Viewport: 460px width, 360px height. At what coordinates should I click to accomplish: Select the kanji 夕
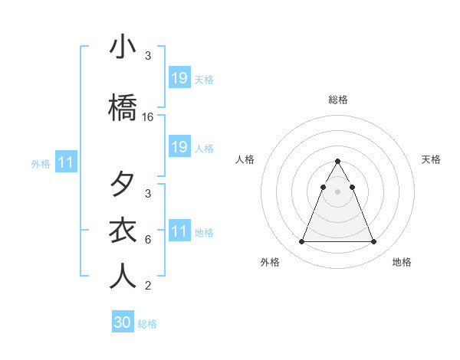(x=122, y=185)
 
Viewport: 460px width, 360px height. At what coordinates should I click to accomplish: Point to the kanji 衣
(x=122, y=230)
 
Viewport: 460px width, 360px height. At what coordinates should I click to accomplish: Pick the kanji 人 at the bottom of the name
(x=122, y=276)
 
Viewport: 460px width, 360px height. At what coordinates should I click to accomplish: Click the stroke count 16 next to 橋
(x=148, y=117)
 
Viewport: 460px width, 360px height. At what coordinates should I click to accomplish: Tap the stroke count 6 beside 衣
(x=148, y=239)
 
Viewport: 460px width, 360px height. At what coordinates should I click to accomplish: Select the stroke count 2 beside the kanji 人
(x=148, y=286)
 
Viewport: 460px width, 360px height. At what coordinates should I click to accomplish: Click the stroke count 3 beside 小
(x=148, y=56)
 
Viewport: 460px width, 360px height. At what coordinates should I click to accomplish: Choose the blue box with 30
(x=122, y=322)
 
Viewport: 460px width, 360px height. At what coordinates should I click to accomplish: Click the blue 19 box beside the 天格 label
(x=179, y=78)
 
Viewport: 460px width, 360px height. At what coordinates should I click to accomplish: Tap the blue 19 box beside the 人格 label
(x=179, y=147)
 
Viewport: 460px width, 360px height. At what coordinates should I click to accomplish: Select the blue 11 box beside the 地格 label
(x=179, y=231)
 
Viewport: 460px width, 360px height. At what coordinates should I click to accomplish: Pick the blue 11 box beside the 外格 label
(x=66, y=162)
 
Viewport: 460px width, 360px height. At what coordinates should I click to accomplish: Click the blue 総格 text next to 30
(x=147, y=324)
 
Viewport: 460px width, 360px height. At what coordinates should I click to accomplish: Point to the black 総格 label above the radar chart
(x=338, y=100)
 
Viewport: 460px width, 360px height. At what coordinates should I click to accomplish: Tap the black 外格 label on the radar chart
(x=270, y=263)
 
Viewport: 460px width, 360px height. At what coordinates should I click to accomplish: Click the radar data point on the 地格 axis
(x=373, y=242)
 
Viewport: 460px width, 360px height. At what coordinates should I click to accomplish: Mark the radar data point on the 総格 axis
(x=338, y=161)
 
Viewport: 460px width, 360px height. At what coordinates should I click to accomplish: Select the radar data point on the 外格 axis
(x=302, y=242)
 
